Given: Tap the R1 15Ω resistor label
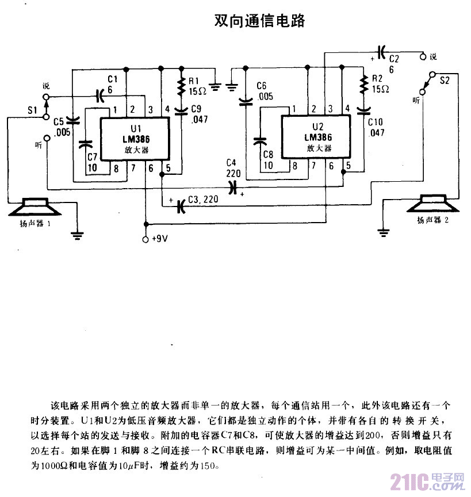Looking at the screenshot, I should click(x=198, y=86).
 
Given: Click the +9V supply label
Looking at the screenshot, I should click(x=158, y=239).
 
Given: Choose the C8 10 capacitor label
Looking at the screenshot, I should click(x=267, y=160).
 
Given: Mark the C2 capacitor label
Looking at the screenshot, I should click(x=393, y=63).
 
